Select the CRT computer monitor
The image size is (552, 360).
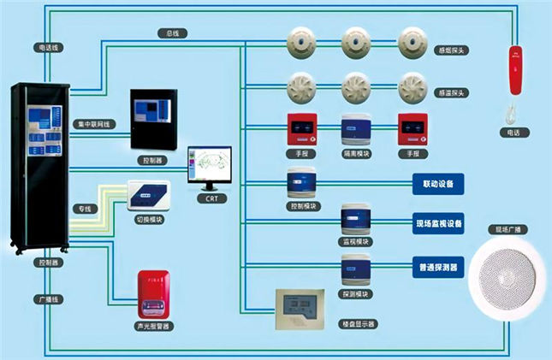coord(211,167)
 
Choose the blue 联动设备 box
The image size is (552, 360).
coord(437,184)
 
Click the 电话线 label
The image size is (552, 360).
coord(49,47)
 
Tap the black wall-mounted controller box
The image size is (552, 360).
coord(151,120)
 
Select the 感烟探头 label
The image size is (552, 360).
coord(450,50)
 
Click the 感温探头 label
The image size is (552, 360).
coord(450,92)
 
